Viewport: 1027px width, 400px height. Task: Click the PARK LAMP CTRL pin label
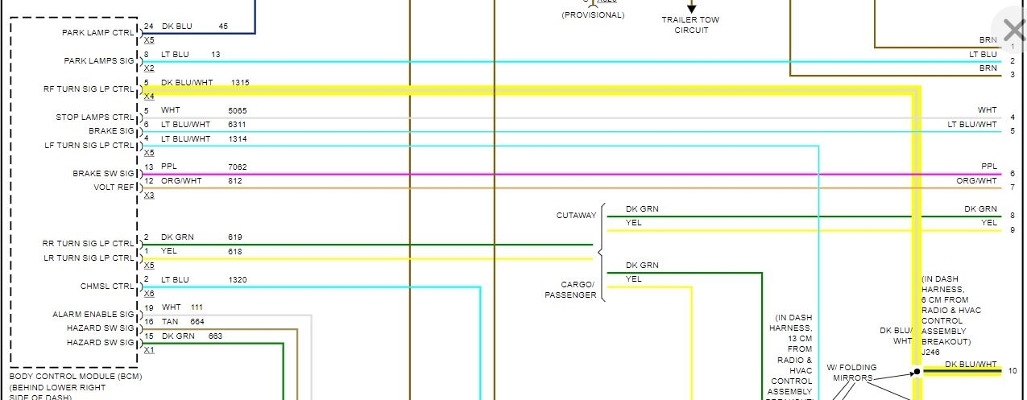click(98, 33)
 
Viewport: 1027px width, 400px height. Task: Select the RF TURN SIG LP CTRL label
click(89, 89)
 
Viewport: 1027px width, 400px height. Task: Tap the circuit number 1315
click(240, 82)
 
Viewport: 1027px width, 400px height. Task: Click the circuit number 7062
click(238, 167)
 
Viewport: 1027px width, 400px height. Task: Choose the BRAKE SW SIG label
click(103, 174)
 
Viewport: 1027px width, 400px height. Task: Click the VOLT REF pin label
click(114, 188)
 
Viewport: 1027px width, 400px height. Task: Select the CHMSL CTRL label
click(107, 286)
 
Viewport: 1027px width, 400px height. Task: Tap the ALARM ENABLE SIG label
click(93, 315)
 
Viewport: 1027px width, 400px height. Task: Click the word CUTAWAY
click(576, 216)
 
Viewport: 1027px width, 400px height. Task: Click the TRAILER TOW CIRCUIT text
click(690, 25)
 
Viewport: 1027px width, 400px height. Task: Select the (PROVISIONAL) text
click(593, 15)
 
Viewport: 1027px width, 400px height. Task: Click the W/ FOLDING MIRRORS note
click(851, 373)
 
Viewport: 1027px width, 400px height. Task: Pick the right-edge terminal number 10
click(1013, 371)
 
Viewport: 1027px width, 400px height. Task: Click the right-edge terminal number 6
click(1013, 174)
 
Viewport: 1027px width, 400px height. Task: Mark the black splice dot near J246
click(917, 372)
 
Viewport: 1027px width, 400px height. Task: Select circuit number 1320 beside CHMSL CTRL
click(238, 279)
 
